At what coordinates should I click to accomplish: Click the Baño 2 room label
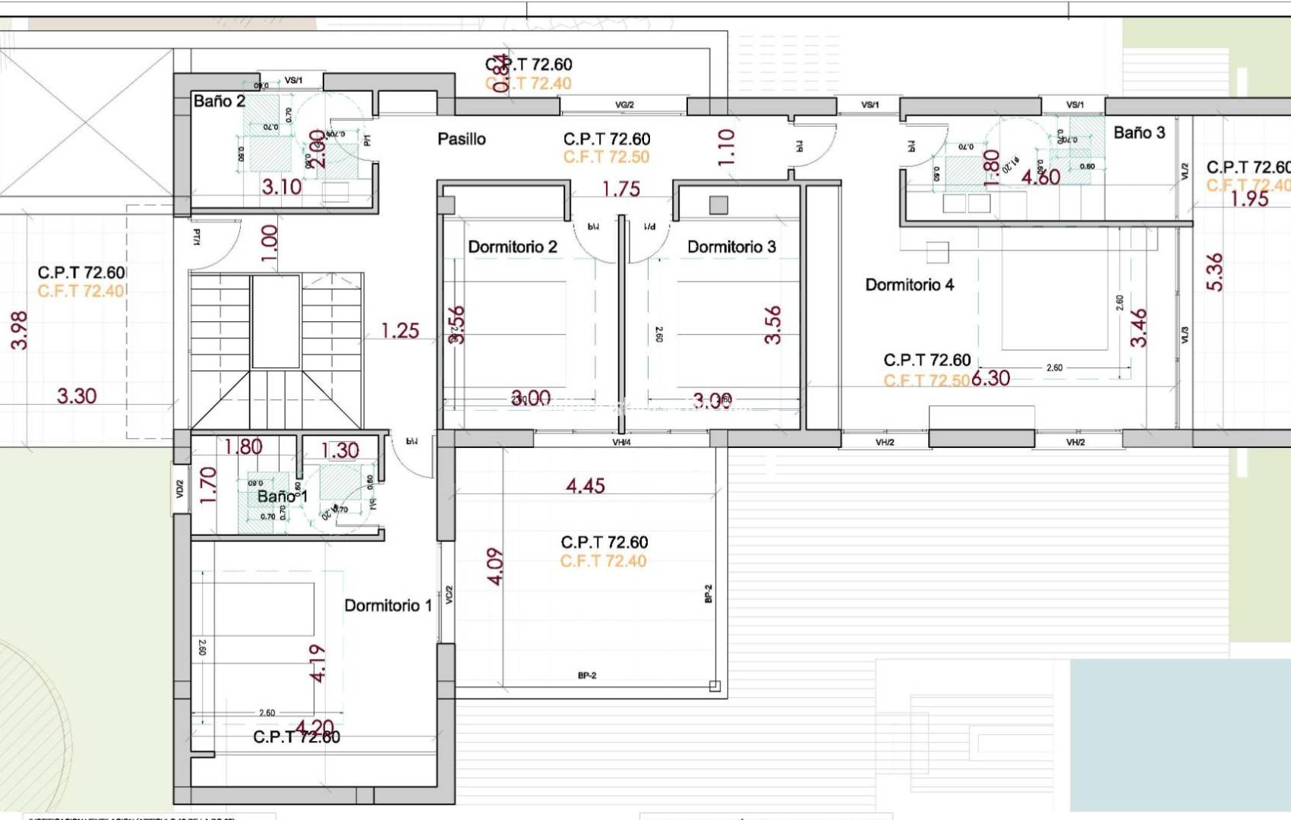click(219, 101)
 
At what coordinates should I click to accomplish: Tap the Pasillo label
click(461, 139)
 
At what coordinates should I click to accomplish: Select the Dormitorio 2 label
click(513, 247)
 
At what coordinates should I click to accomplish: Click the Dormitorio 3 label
click(731, 247)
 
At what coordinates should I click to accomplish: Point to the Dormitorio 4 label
click(909, 285)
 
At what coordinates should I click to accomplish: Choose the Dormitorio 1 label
click(388, 605)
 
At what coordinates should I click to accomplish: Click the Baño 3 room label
click(1138, 133)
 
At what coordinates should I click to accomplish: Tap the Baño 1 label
click(282, 497)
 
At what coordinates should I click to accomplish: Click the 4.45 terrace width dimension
click(585, 486)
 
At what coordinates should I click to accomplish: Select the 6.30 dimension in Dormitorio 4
click(990, 378)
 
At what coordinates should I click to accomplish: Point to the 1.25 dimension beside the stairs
click(399, 331)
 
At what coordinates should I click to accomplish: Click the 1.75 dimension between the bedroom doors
click(620, 189)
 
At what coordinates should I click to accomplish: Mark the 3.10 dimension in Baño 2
click(282, 187)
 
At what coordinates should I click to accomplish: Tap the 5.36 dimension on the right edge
click(1214, 272)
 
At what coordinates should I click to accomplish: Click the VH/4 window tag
click(621, 442)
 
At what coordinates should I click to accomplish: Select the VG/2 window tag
click(624, 105)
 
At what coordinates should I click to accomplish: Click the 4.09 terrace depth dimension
click(494, 566)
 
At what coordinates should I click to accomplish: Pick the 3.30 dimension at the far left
click(77, 396)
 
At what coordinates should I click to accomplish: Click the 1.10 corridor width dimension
click(726, 147)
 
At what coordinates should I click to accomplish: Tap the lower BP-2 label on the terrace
click(587, 675)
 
